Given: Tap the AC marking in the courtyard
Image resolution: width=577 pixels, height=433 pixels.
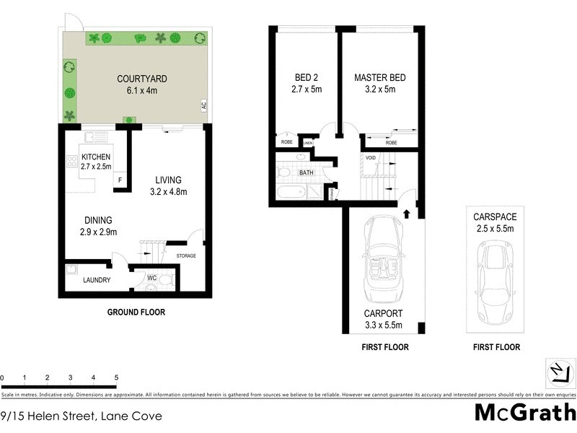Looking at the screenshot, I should (204, 105).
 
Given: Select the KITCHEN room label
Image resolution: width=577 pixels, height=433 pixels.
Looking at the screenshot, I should (96, 157).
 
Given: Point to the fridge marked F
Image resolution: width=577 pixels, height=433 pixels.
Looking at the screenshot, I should (120, 180).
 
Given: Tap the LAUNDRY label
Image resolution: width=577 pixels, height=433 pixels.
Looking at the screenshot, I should (96, 280).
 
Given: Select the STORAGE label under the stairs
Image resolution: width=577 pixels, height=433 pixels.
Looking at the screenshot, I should (185, 255).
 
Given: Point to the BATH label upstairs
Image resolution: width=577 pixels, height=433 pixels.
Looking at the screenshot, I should (307, 172).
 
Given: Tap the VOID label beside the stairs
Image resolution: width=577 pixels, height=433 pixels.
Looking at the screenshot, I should (371, 157).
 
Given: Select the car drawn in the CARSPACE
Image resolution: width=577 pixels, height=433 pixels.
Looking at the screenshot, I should (496, 274).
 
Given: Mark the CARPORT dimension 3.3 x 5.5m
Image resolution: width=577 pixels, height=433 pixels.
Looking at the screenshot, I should (383, 326).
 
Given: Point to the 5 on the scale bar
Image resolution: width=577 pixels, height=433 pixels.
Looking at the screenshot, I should (116, 377).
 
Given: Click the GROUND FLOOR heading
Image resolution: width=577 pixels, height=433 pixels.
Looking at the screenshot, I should (136, 312).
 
